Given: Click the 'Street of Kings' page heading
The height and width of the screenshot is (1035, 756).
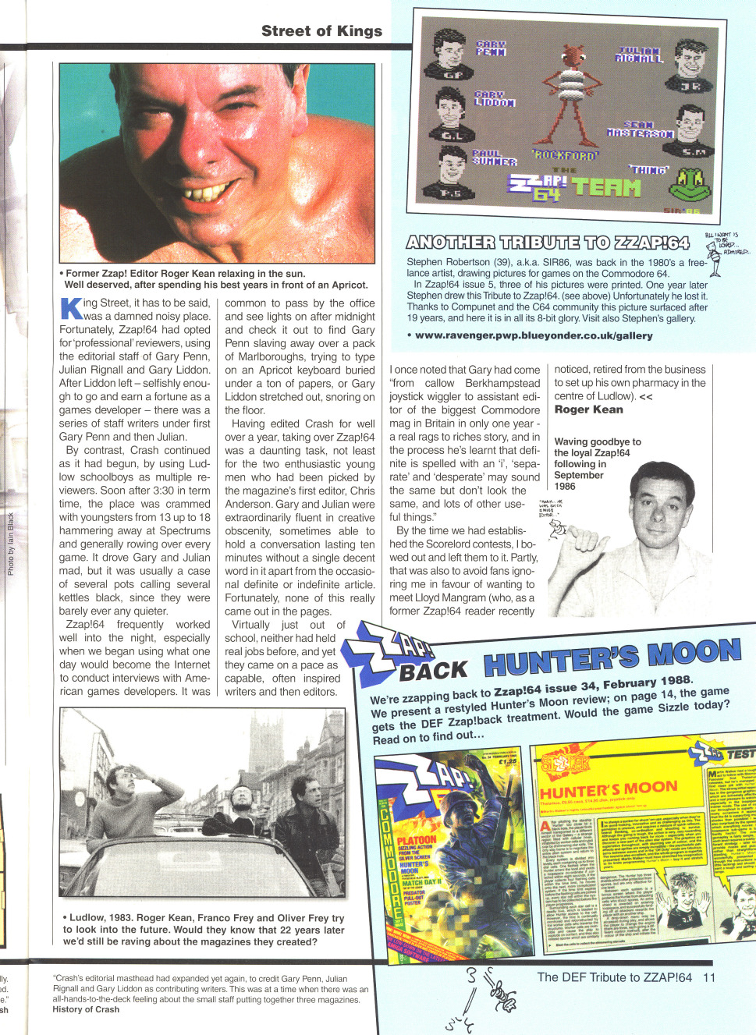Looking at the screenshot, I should pos(321,31).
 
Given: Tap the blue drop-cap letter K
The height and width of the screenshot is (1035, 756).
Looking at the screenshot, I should pos(71,308).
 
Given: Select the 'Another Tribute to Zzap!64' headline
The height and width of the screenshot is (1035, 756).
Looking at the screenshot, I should pos(548,243).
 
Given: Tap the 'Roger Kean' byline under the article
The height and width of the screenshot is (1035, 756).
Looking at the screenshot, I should pos(588,409).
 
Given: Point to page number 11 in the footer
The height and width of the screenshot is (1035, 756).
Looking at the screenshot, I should pos(708,977).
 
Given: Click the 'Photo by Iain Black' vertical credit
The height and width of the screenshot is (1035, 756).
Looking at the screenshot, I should pos(11,544).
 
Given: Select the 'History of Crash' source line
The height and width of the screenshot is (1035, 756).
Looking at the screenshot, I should pos(86,1009).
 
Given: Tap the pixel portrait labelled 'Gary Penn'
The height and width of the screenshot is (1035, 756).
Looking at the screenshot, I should pos(451,55).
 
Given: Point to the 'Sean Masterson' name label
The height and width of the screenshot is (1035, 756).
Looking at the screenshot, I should pos(640,129).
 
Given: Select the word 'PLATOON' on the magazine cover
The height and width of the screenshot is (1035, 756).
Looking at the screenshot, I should pos(417,840).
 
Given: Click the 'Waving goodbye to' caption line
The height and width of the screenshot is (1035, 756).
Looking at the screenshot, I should pos(598,441).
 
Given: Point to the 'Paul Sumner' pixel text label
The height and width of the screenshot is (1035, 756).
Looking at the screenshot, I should pos(495,158).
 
